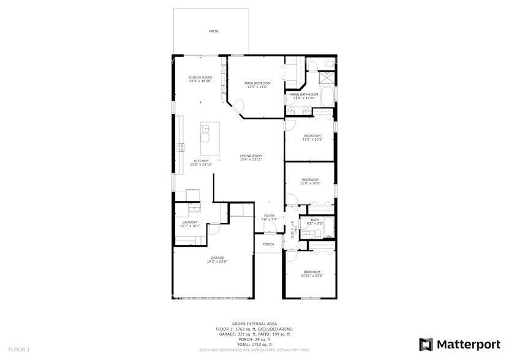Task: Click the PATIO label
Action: point(213,31)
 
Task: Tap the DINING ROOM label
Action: point(200,77)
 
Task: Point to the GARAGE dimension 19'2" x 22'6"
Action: point(217,261)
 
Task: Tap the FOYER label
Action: point(270,216)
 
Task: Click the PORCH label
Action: point(268,244)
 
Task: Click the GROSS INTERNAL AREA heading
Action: point(254,323)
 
